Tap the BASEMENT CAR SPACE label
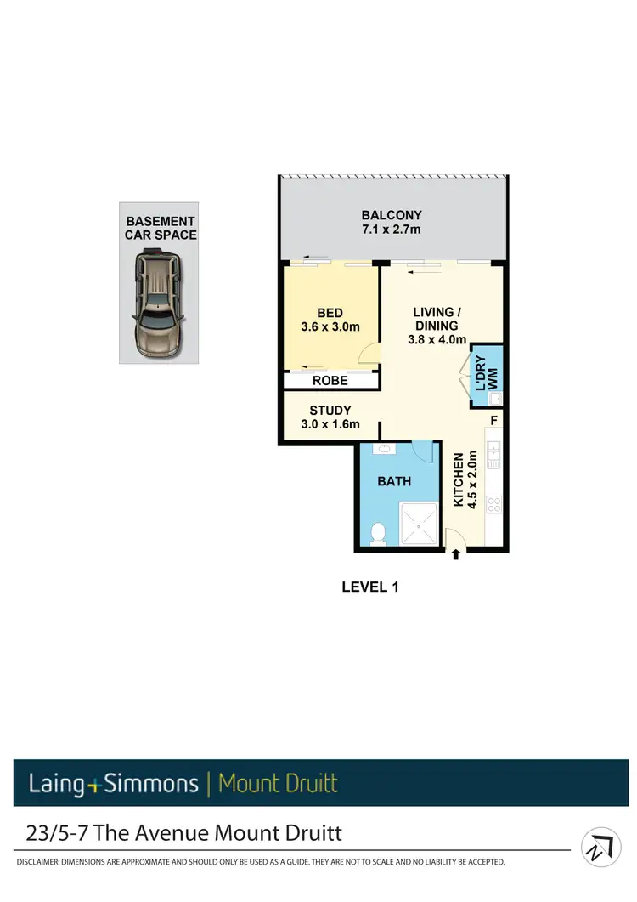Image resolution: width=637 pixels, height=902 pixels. [x=161, y=228]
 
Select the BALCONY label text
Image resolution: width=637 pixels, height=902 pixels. [x=392, y=215]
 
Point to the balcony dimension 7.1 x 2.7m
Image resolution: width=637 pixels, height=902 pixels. [x=392, y=229]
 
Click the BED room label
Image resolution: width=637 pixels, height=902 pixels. [x=330, y=314]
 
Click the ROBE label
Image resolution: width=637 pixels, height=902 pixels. [x=330, y=381]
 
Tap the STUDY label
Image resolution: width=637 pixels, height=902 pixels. [x=330, y=411]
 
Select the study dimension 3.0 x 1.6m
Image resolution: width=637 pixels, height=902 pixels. [x=330, y=424]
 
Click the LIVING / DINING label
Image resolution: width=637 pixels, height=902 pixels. [x=437, y=319]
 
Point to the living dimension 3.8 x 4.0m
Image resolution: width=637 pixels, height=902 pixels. [x=437, y=339]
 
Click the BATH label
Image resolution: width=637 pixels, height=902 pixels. [x=394, y=481]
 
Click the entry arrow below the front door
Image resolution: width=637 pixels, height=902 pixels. [x=456, y=554]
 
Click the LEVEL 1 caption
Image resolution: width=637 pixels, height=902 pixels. [x=369, y=587]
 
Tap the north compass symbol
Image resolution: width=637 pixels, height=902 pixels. [x=601, y=847]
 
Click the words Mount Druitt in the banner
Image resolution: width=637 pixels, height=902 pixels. [x=278, y=782]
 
